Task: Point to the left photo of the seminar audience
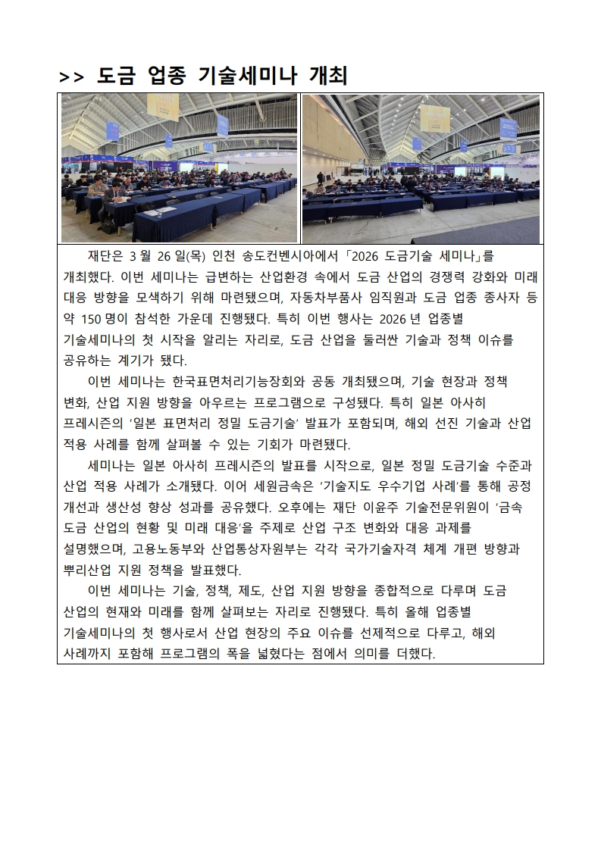(179, 168)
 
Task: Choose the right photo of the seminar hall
(421, 168)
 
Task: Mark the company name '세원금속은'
(281, 486)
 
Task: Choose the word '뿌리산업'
(89, 568)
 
